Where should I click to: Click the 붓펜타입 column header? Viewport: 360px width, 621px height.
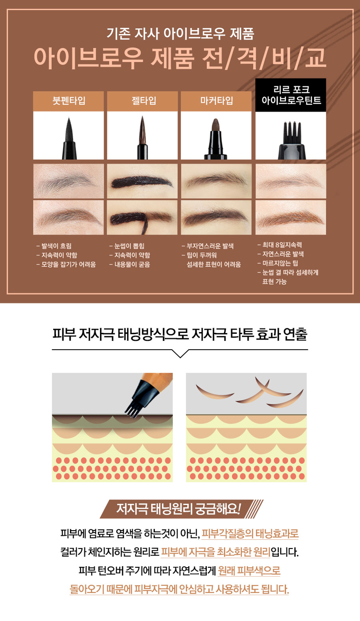coord(69,101)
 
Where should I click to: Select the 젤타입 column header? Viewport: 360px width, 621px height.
coord(142,101)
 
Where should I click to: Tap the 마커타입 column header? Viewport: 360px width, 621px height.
coord(216,101)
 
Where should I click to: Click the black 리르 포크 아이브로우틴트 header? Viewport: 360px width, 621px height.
coord(291,95)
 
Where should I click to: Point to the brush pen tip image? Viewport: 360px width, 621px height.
coord(69,138)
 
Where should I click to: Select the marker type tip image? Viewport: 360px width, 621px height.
coord(216,139)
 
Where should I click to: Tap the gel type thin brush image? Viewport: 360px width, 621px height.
coord(142,137)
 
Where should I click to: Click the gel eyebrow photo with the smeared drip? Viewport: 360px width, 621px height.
coord(142,218)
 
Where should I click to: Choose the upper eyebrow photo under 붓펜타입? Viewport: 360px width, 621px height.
coord(69,181)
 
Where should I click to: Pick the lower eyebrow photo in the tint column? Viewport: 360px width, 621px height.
coord(291,218)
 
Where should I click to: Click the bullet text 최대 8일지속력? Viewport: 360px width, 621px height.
coord(280,245)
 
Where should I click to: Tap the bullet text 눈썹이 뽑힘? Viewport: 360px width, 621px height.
coord(127,246)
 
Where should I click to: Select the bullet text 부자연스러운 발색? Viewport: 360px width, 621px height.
coord(208,246)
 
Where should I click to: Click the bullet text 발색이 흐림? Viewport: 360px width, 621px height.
coord(54,246)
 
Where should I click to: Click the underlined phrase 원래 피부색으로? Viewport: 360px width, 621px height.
coord(249,571)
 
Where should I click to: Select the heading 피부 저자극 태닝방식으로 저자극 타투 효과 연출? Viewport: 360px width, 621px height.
coord(180,334)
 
